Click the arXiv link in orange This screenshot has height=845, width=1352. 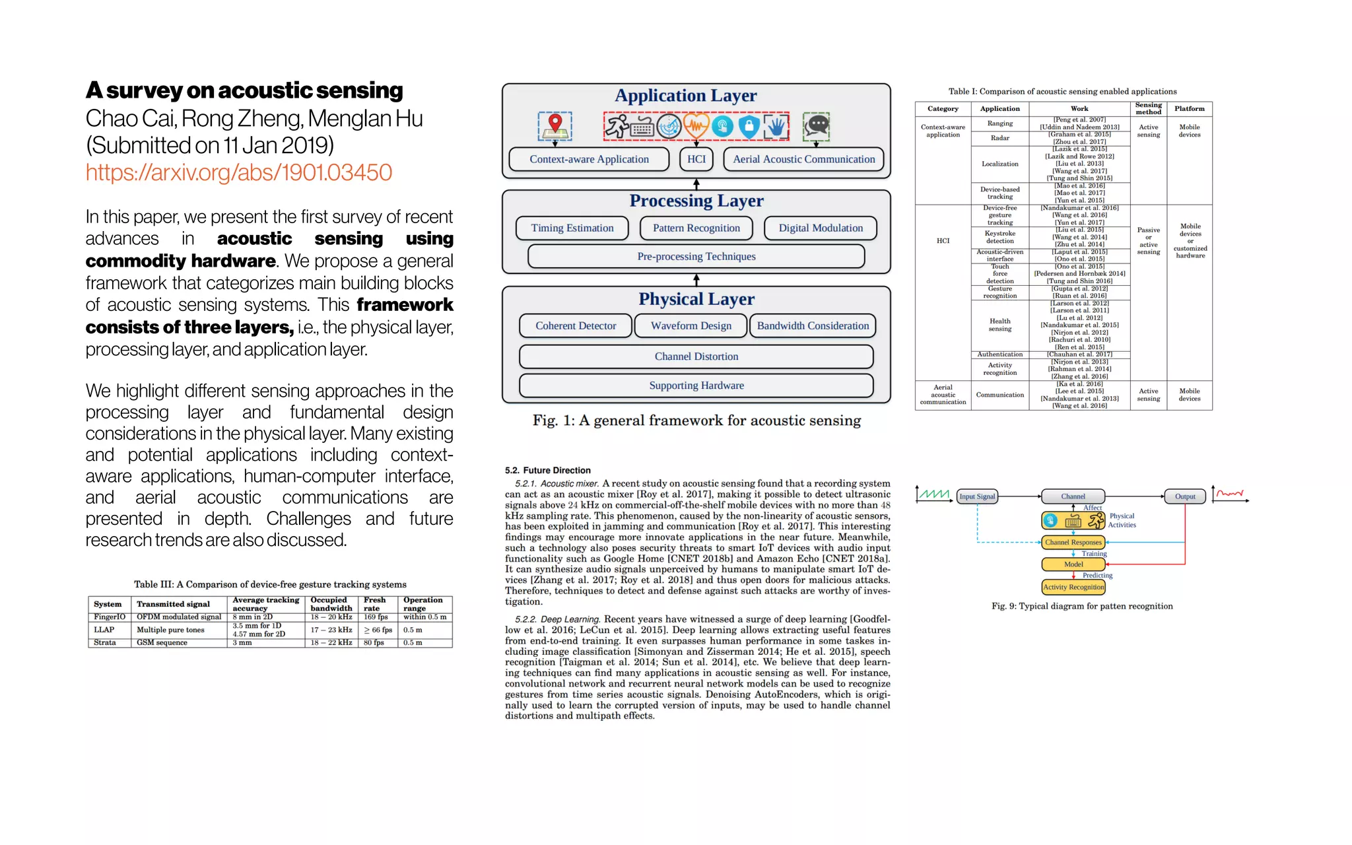click(238, 173)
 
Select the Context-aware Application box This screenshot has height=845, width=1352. click(589, 159)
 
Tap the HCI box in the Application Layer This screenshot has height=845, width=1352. click(696, 159)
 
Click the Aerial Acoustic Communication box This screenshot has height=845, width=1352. click(803, 159)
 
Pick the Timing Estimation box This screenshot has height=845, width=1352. click(572, 228)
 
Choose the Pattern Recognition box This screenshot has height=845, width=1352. click(696, 228)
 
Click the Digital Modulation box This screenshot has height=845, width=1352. click(820, 228)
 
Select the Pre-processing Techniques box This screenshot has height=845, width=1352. click(696, 256)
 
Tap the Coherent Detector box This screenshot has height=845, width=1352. click(575, 325)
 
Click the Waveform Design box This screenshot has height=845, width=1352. click(691, 325)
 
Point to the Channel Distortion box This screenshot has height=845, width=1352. click(696, 356)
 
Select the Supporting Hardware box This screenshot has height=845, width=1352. click(696, 386)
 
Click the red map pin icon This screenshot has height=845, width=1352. click(555, 123)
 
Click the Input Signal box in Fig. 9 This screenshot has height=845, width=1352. click(976, 496)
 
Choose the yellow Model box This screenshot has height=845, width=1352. click(1073, 564)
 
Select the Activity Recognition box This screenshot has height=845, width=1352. click(1073, 587)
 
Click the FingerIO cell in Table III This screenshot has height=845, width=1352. click(109, 617)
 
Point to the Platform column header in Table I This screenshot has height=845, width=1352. click(1189, 109)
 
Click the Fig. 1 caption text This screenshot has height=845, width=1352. click(696, 421)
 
